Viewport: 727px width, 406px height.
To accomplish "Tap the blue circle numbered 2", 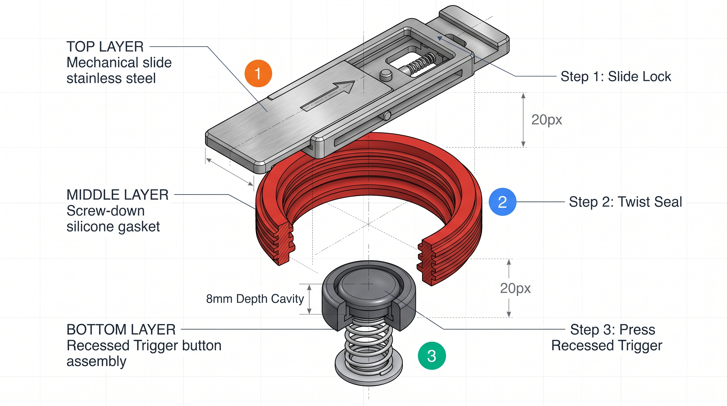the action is [502, 202].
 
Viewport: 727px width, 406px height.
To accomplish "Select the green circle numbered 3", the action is [432, 356].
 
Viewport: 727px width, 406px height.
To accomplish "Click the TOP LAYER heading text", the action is [105, 47].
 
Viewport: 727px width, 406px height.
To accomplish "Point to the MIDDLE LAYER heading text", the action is [117, 195].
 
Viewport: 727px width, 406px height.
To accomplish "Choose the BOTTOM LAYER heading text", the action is [121, 330].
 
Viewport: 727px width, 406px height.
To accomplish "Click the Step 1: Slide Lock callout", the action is [616, 76].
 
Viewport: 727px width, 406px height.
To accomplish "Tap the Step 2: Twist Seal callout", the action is [625, 202].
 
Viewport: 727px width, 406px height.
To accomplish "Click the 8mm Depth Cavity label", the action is [255, 299].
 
